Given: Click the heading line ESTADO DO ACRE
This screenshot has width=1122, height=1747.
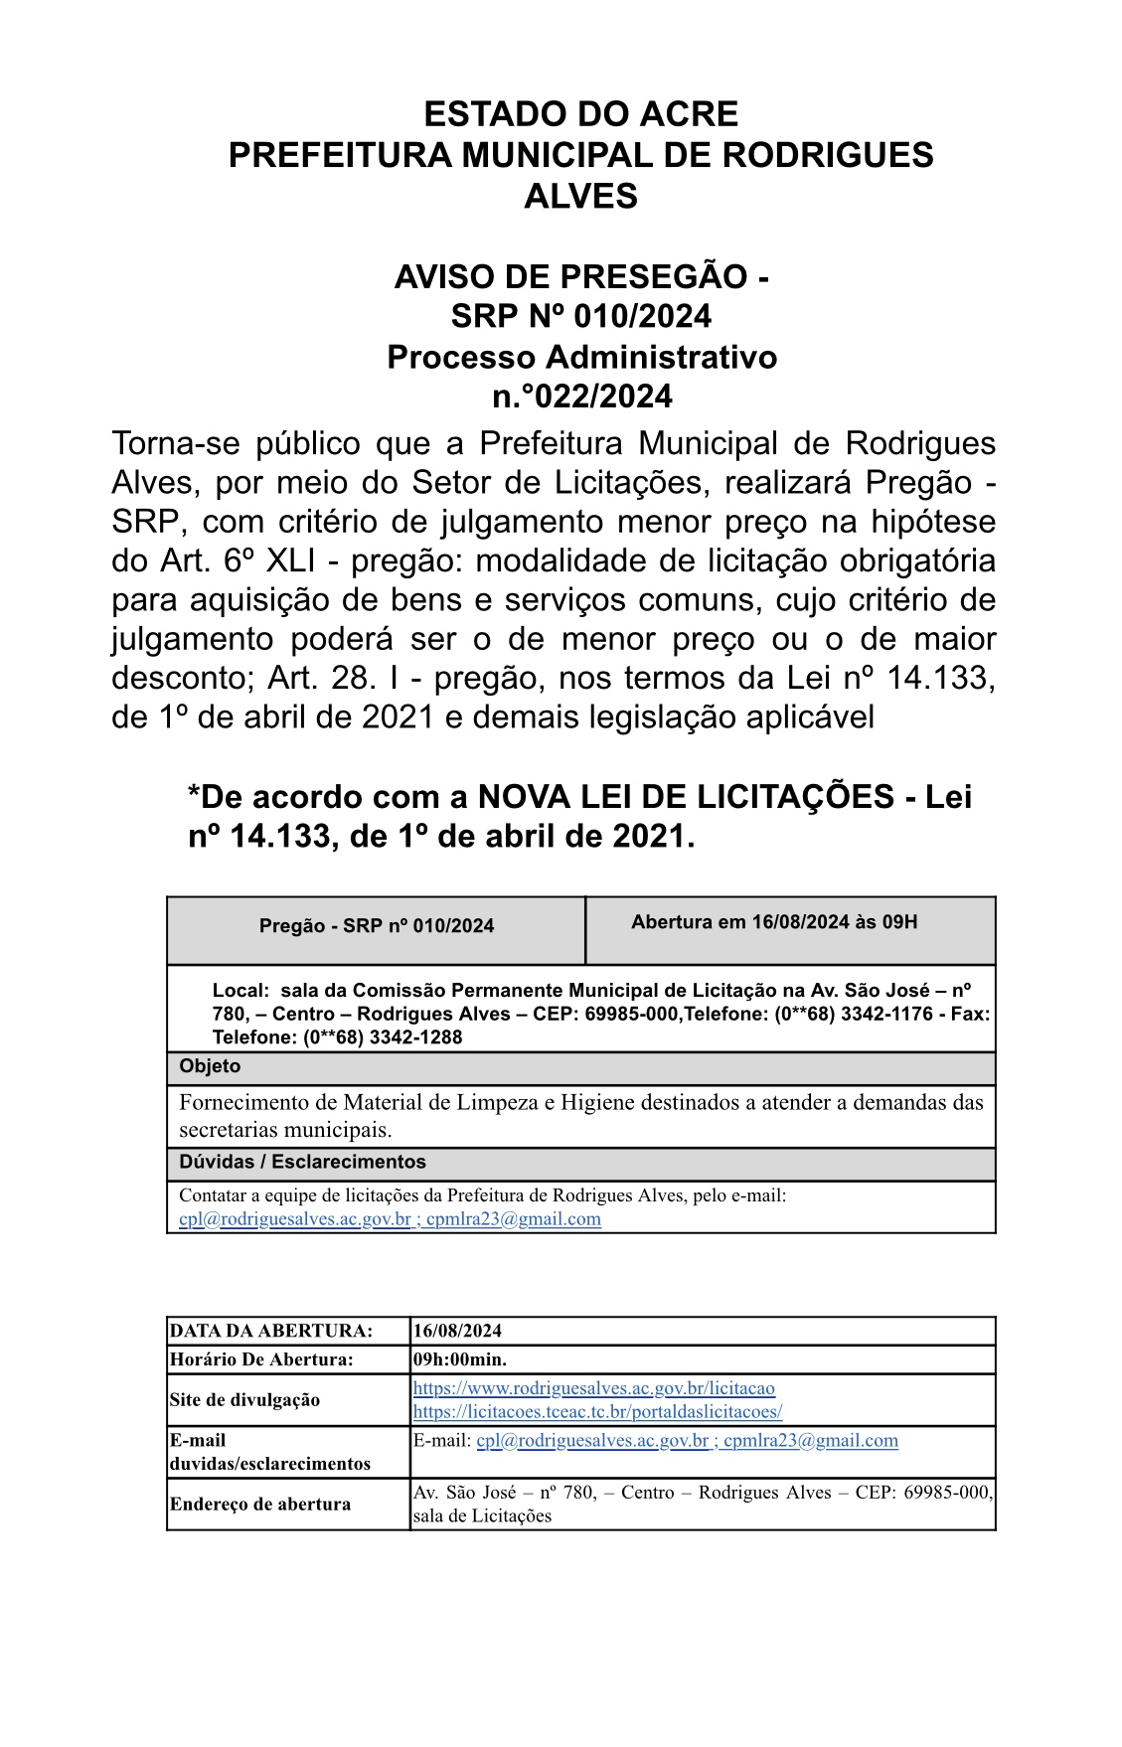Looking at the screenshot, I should [x=580, y=114].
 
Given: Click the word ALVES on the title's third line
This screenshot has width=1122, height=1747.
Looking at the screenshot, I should [x=580, y=196].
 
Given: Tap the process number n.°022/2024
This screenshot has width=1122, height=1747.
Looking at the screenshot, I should [x=581, y=397].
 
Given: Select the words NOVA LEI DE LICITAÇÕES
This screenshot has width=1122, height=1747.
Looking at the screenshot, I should [x=685, y=797].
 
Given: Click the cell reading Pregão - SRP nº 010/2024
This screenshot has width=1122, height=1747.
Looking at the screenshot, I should [x=377, y=926].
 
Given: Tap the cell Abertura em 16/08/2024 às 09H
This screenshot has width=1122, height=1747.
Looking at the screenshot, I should [x=774, y=922].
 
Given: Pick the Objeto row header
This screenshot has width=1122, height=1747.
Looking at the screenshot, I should [x=210, y=1066].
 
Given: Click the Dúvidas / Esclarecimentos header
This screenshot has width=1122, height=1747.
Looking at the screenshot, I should [x=302, y=1162].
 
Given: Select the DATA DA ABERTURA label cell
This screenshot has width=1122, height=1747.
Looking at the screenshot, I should [x=271, y=1331].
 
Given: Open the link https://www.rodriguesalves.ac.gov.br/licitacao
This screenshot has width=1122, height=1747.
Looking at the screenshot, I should [x=593, y=1388].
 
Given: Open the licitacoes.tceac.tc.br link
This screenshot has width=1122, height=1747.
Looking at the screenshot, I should [x=597, y=1411].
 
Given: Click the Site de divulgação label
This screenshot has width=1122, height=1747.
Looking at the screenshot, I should [x=244, y=1400].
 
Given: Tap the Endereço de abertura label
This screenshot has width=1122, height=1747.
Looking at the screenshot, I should [x=259, y=1504].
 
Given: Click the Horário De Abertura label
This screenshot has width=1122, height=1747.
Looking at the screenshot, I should [x=261, y=1358].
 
